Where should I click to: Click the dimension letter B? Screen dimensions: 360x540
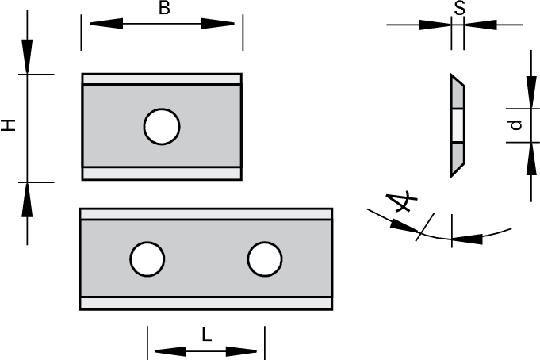[164, 9]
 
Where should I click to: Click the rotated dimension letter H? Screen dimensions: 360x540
[8, 126]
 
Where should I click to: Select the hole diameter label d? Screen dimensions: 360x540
[515, 125]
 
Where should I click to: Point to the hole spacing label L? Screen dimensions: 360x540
[206, 335]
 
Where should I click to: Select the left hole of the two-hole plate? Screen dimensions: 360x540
[147, 259]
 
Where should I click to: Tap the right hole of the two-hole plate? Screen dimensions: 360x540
[264, 259]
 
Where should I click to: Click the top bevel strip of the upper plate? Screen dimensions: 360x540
[162, 79]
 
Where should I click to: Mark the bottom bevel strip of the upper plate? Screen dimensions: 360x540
[162, 173]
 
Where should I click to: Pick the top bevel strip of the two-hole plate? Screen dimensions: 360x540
[206, 214]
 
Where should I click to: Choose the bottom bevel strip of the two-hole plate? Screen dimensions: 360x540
[206, 303]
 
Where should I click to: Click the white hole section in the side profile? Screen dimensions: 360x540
[457, 125]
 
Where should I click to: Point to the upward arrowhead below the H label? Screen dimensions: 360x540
[28, 199]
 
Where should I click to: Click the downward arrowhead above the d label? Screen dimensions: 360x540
[529, 90]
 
